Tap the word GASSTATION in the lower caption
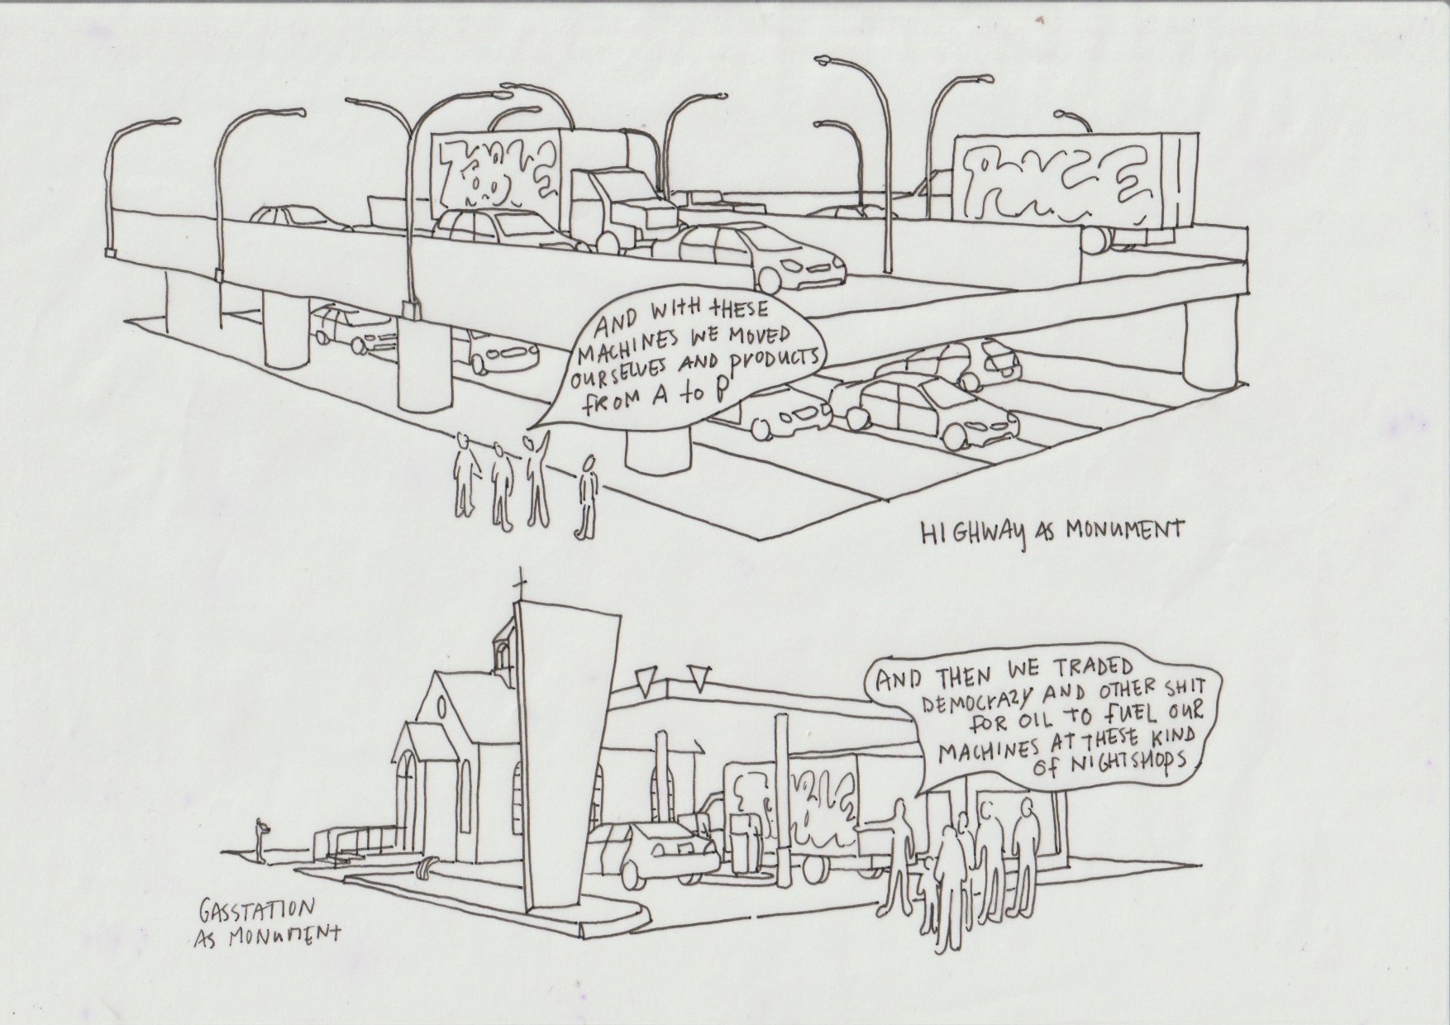(x=256, y=910)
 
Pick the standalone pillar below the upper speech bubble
(x=658, y=451)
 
